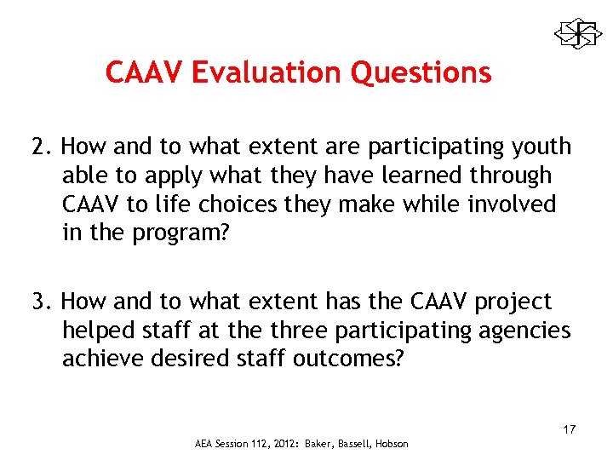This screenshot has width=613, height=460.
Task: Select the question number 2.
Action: (x=41, y=147)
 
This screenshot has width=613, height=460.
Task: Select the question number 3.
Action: (x=41, y=302)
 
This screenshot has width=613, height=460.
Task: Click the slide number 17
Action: (x=569, y=428)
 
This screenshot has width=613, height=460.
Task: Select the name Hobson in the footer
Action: (x=390, y=444)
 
